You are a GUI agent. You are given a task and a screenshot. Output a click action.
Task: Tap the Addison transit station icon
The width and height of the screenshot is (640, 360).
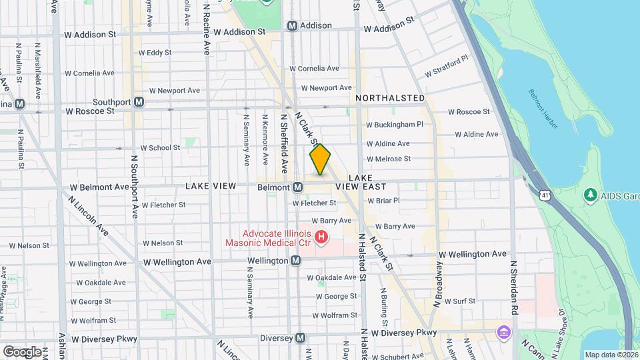292,25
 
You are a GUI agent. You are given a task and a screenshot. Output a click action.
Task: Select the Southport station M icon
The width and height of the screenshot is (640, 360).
139,102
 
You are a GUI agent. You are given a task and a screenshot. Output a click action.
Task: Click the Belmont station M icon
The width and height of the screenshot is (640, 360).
297,187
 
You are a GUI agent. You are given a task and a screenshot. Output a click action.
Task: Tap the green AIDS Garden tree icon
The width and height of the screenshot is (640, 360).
589,195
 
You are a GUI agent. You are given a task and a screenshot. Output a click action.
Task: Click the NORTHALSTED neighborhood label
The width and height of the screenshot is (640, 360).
390,98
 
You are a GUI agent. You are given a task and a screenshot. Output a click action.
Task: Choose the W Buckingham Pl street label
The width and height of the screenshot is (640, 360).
395,124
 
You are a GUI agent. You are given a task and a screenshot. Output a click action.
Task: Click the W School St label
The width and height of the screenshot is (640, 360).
160,148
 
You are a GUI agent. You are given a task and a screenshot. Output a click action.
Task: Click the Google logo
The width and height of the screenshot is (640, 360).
22,351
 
